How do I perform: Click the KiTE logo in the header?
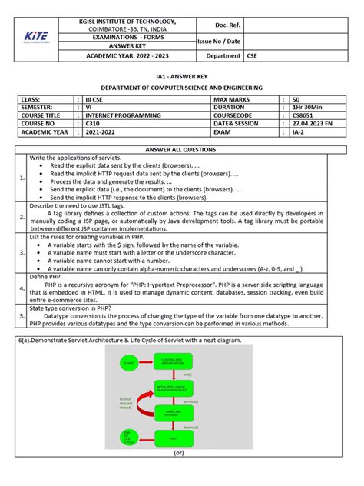click(35, 35)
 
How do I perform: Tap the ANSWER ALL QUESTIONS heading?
click(182, 149)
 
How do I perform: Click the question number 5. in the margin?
click(22, 315)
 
